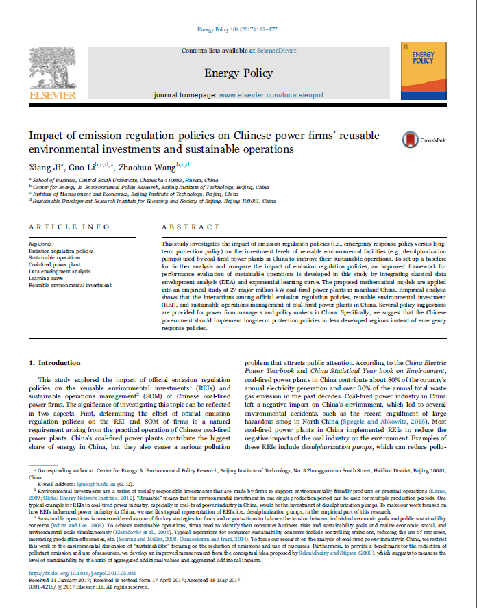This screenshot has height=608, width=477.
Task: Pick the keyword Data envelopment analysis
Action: pos(60,272)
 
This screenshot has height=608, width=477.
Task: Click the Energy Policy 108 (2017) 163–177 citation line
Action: pos(238,30)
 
